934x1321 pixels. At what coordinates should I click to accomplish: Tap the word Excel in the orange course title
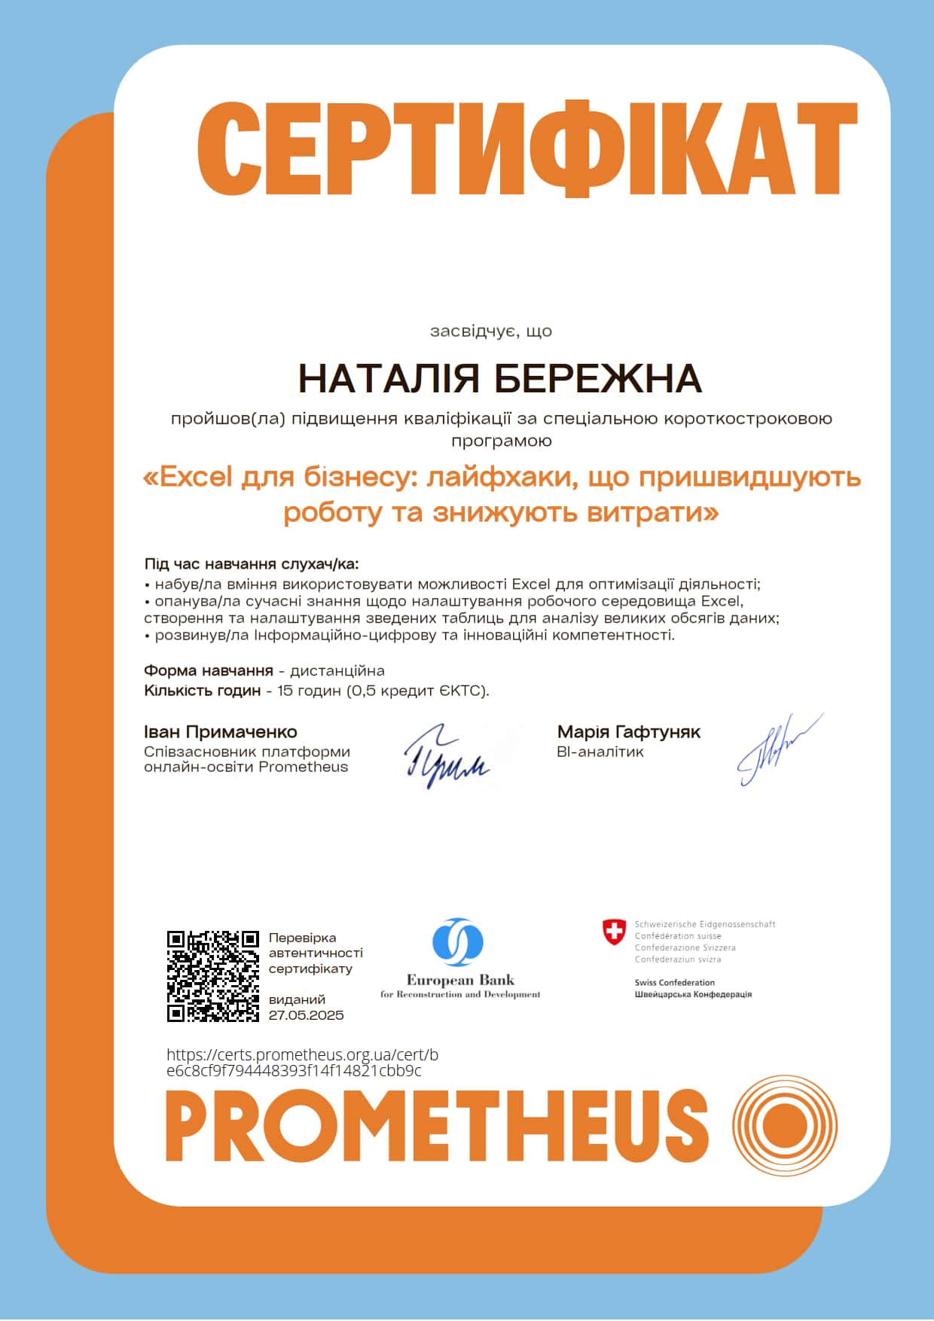197,477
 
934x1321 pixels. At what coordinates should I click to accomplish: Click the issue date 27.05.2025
306,1015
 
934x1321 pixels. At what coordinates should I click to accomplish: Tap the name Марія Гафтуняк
628,732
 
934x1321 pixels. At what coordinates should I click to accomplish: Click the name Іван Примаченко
220,732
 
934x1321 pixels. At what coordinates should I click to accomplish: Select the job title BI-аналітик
600,752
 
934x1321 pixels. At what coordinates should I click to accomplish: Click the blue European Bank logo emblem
458,942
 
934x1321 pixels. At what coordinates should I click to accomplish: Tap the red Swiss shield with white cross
615,932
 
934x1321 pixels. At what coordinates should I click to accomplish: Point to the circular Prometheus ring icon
784,1125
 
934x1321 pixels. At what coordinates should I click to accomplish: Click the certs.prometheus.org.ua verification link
301,1063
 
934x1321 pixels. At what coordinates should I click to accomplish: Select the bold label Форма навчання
208,671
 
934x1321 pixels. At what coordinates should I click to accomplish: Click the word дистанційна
337,671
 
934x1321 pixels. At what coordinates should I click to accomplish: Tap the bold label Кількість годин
202,691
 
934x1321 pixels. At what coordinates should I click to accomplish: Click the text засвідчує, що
490,331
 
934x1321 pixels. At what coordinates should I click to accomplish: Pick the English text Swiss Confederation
674,982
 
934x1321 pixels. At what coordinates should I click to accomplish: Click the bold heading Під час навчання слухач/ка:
252,565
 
